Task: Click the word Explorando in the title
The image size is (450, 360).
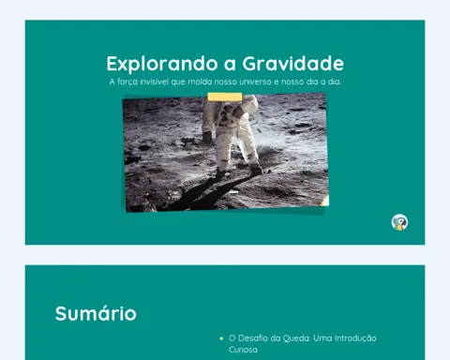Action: (162, 65)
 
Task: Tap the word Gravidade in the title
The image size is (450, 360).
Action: (293, 64)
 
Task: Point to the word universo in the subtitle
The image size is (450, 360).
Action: (255, 82)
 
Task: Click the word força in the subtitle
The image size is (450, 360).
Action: (127, 82)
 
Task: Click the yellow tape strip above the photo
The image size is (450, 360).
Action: (225, 97)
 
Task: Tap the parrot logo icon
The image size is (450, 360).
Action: (399, 222)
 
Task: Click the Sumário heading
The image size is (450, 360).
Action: (96, 313)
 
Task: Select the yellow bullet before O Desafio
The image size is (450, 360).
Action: (221, 338)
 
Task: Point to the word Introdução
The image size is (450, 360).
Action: (355, 338)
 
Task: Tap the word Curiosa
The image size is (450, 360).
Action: (243, 350)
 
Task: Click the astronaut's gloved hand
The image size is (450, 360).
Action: (206, 137)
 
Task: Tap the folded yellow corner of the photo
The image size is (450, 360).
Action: (324, 201)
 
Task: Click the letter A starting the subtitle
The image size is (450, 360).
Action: (112, 82)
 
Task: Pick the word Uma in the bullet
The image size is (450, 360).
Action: (322, 338)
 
